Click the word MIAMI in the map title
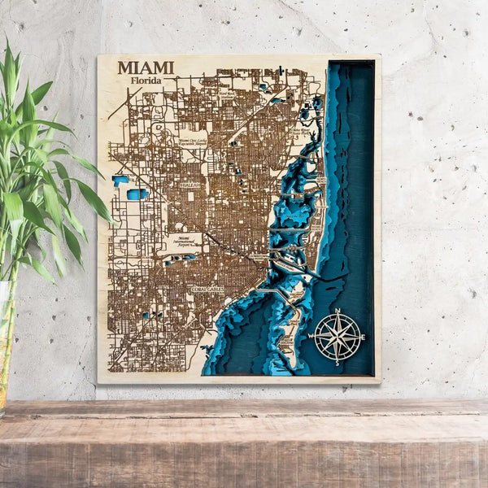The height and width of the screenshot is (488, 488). [146, 68]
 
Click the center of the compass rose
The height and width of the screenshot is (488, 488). [337, 337]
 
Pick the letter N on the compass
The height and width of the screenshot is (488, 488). [338, 311]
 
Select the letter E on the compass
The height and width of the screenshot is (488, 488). [363, 337]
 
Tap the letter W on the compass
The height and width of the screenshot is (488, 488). [311, 337]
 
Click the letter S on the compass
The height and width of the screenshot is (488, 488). [337, 363]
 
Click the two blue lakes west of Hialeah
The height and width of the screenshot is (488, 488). [130, 188]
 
